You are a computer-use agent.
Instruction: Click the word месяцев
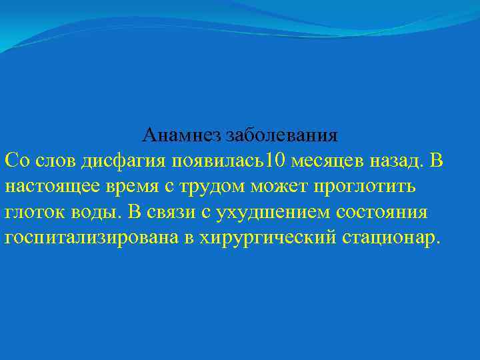325,161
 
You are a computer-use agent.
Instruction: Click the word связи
176,213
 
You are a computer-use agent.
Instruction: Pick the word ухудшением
275,213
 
